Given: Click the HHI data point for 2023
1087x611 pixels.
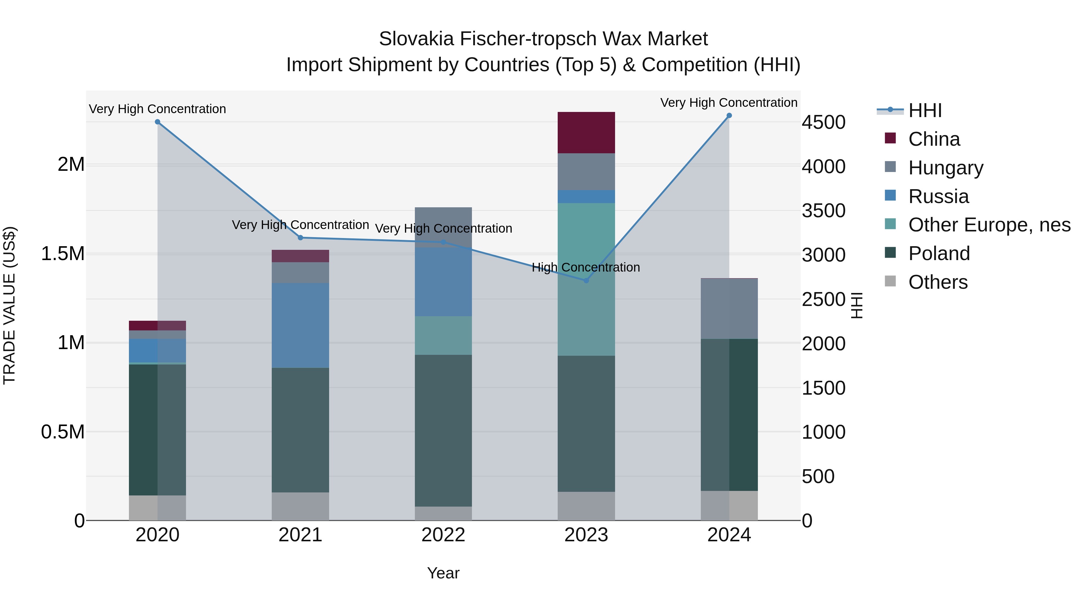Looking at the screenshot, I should point(586,280).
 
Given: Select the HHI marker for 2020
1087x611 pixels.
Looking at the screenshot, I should point(157,122).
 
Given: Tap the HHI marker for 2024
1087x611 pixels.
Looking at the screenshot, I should point(729,116).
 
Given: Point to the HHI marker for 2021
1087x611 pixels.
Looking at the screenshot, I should point(300,238).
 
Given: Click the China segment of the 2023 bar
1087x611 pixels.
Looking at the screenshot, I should point(586,132).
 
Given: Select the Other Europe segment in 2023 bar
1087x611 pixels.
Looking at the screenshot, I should point(586,279).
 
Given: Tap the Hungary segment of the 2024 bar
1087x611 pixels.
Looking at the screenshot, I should point(729,309).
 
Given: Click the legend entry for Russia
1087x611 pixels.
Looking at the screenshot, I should point(938,196).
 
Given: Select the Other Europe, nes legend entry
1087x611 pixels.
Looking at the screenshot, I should point(989,225).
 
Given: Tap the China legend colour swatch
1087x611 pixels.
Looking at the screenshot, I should point(890,138).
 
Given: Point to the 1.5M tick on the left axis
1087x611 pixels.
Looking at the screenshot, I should point(63,254).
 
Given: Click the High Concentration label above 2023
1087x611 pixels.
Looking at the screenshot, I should point(586,267).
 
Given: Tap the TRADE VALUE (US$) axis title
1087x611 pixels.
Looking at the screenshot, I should point(9,305).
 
